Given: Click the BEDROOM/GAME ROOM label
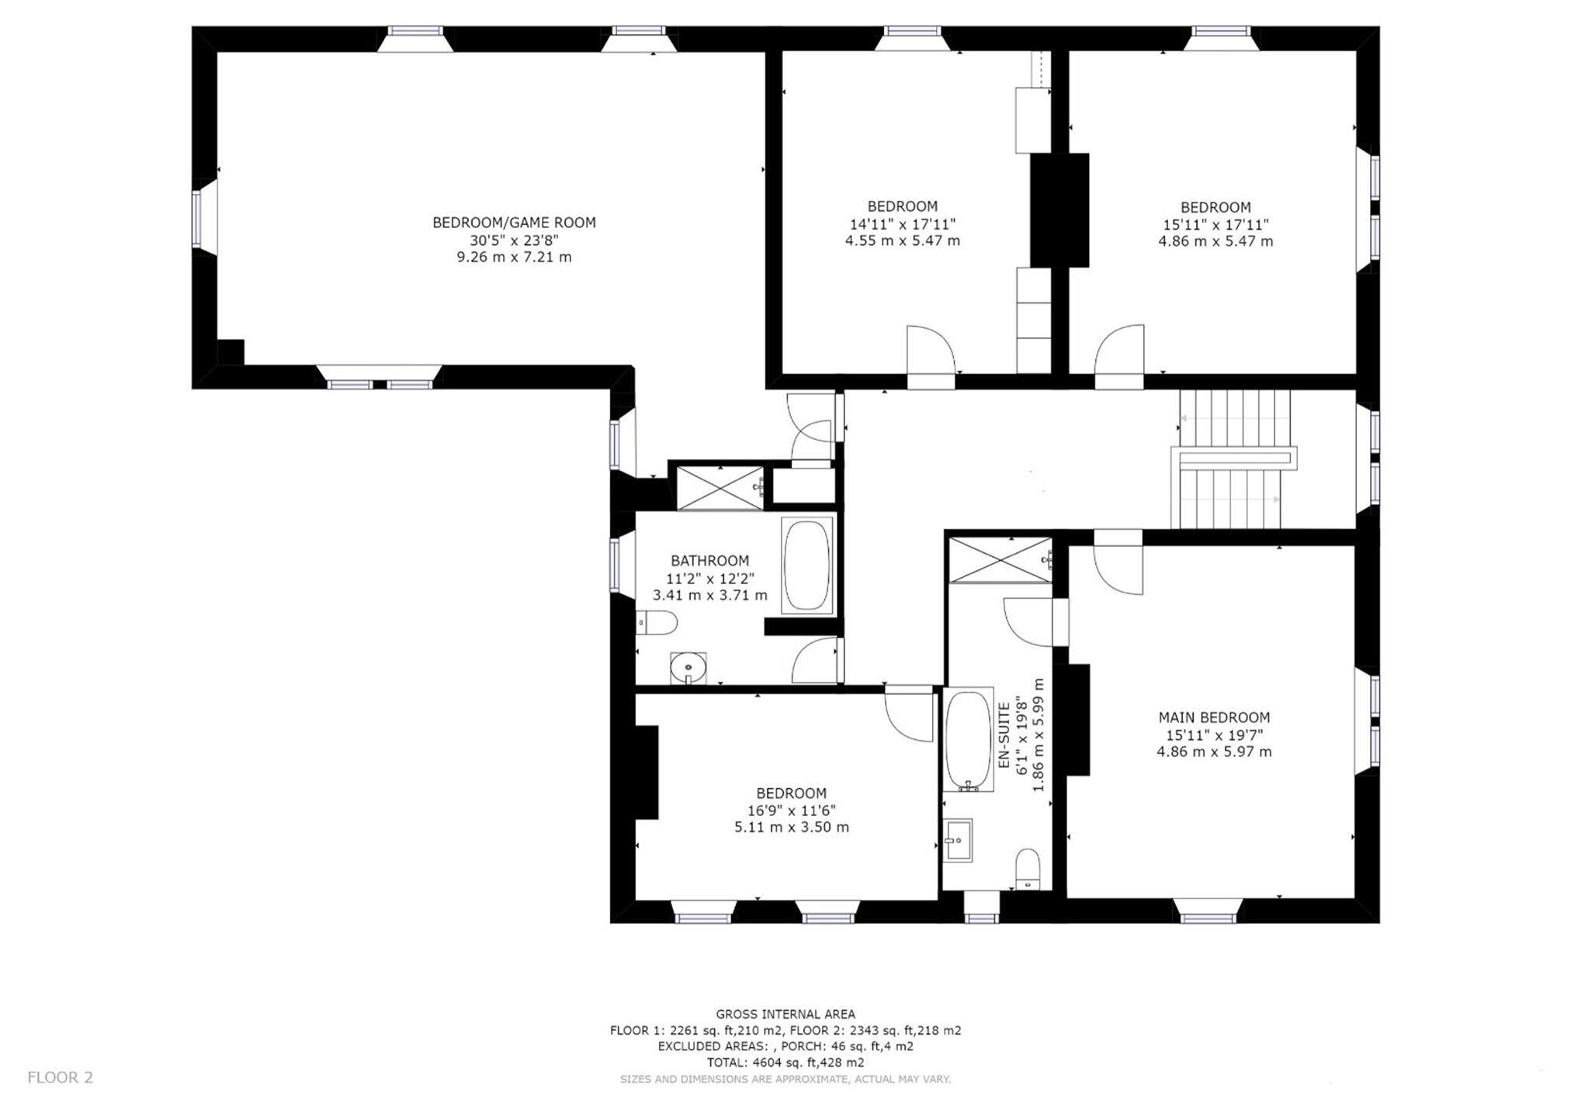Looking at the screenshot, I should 514,223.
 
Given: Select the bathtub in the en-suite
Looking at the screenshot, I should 968,739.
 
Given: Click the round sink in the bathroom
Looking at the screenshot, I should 688,667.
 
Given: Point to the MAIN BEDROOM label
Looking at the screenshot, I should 1214,718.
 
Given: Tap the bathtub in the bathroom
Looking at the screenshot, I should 806,565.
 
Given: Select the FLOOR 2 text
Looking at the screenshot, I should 60,1077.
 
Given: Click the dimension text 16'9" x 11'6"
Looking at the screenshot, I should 791,810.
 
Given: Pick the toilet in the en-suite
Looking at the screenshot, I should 1028,867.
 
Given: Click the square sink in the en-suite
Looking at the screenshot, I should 958,840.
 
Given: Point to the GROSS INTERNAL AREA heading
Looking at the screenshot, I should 785,1014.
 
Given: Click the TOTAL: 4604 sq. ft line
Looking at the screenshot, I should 785,1062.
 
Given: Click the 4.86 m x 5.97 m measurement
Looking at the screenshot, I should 1214,751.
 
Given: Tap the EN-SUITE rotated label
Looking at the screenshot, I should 1004,735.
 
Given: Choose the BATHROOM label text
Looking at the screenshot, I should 709,560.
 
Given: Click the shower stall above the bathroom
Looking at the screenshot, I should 720,487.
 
